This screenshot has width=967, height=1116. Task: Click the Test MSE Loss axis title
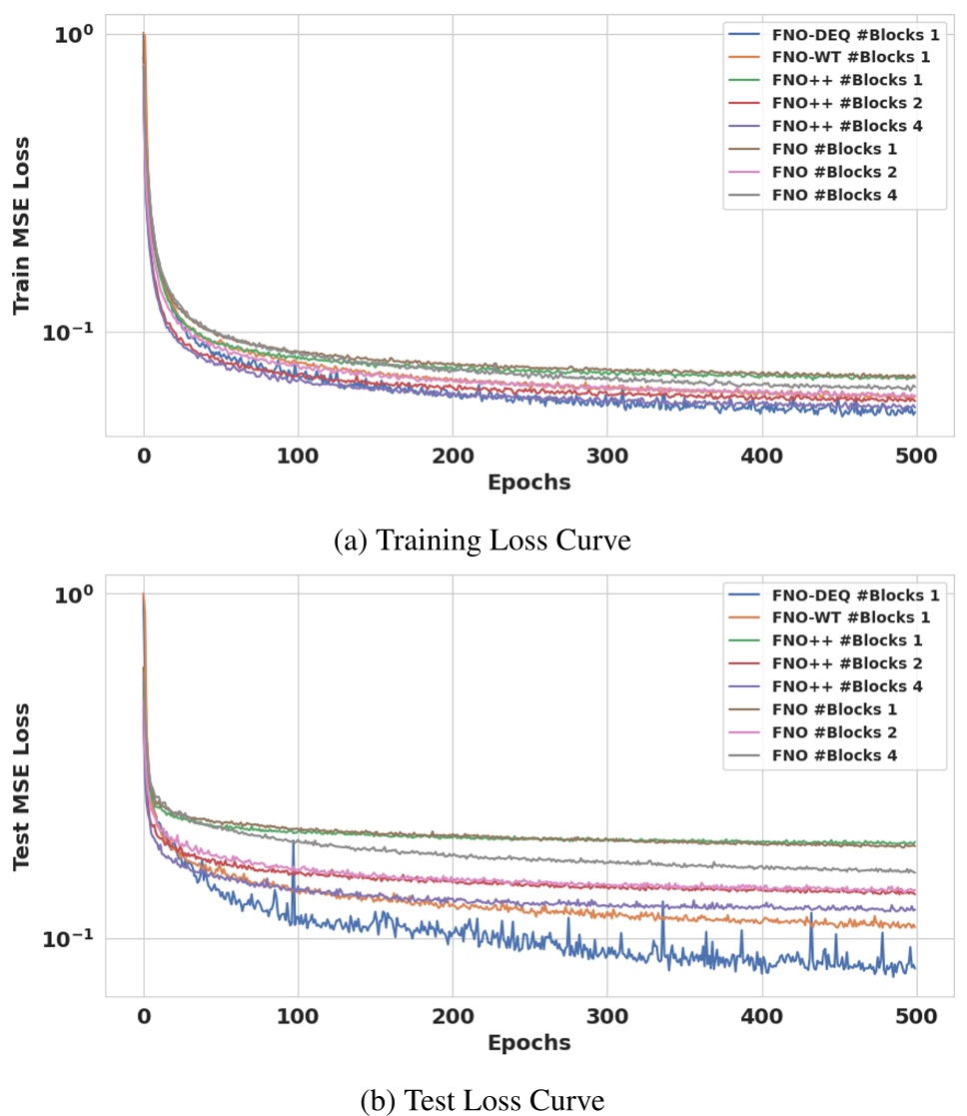[x=23, y=786]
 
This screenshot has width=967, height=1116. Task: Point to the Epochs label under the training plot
[x=528, y=483]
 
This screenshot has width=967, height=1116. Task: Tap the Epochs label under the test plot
[x=528, y=1042]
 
